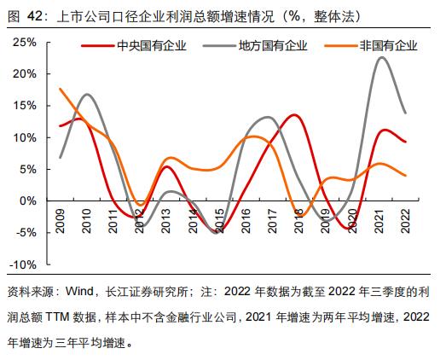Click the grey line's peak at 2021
tap(381, 57)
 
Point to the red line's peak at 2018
tap(294, 114)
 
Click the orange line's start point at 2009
tap(60, 89)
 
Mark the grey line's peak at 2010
tap(87, 95)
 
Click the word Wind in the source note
tap(91, 290)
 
